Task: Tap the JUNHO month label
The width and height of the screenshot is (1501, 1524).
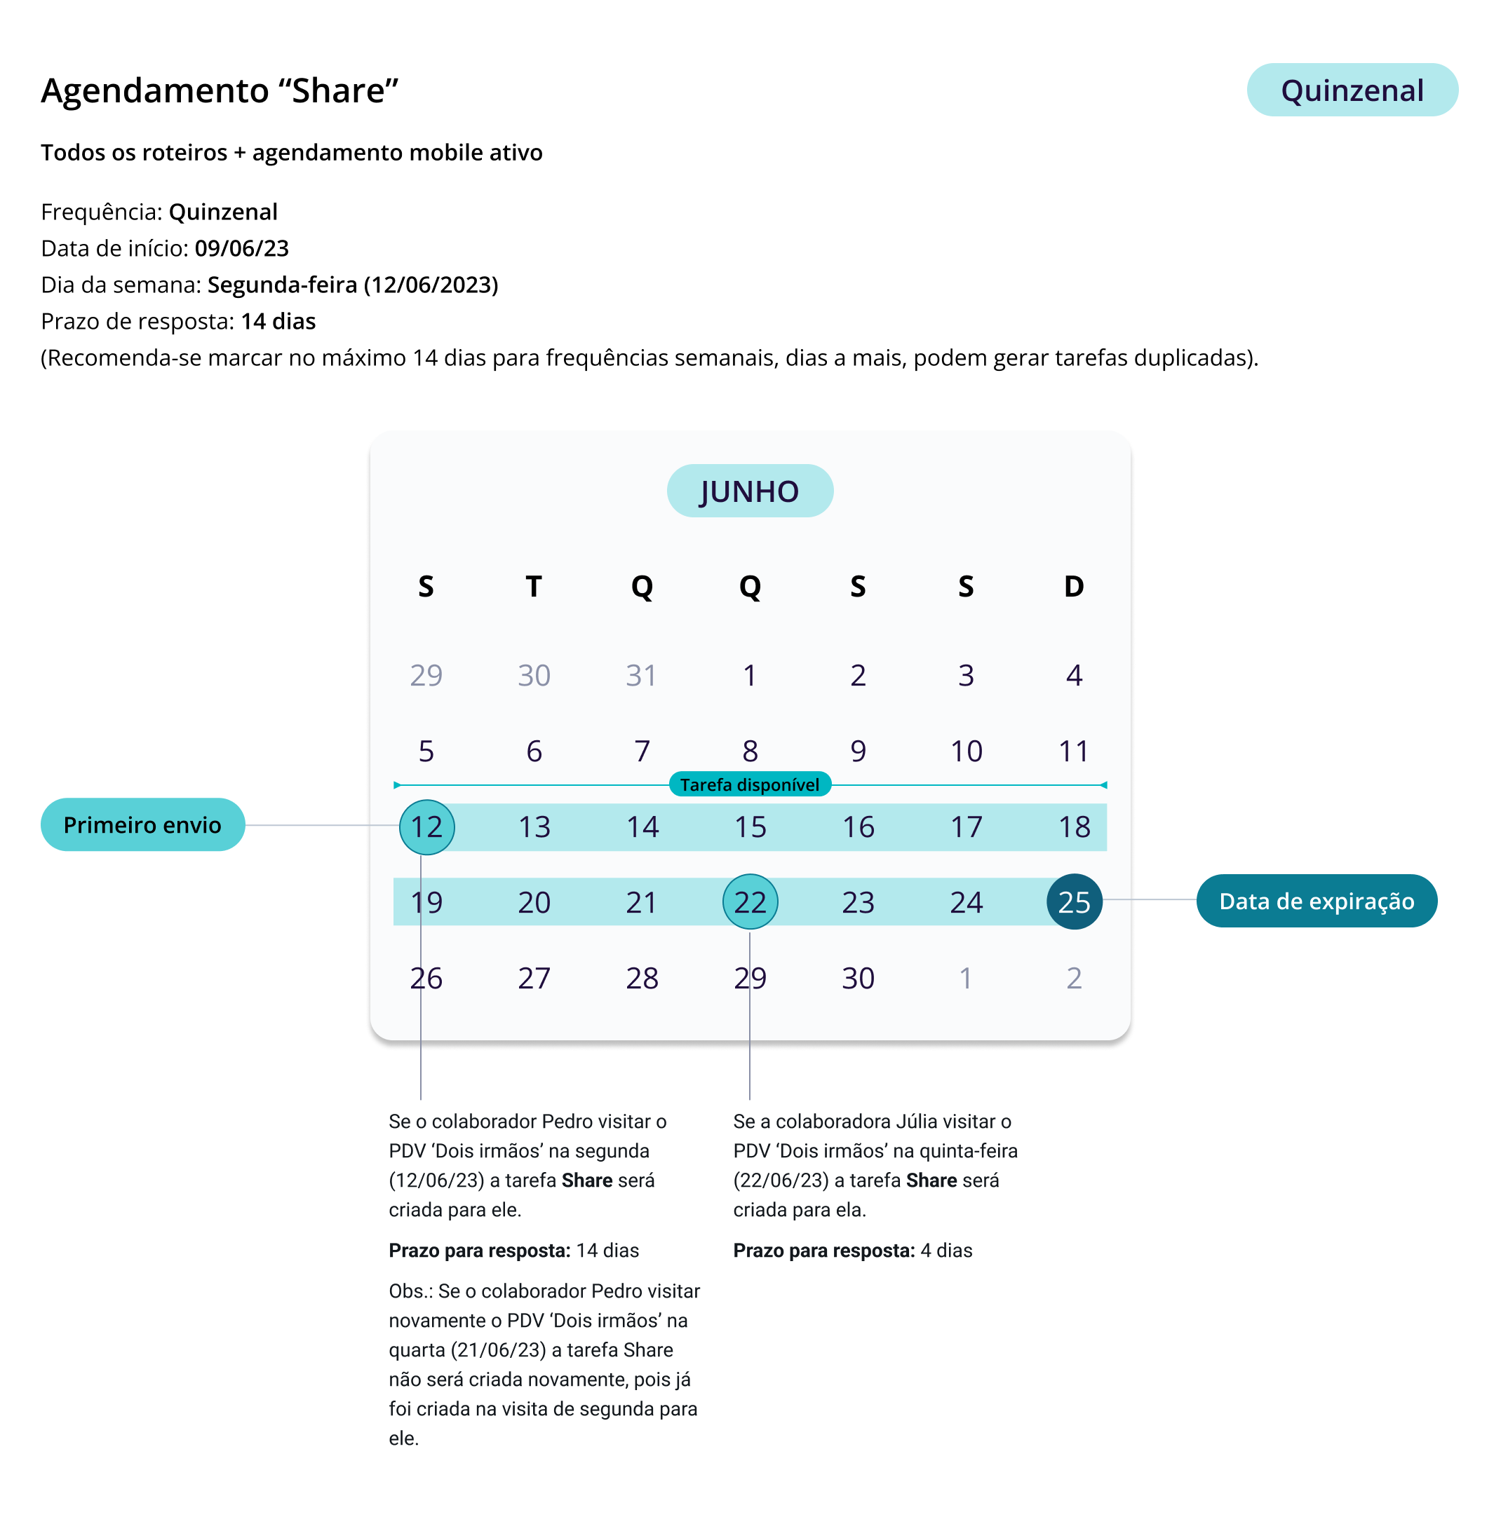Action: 750,491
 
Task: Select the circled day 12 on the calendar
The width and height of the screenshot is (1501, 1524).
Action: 426,826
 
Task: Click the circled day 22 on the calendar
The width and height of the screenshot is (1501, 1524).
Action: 750,902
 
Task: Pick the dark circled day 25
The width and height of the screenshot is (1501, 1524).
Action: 1074,902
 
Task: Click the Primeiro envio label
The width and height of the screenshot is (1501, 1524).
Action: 142,824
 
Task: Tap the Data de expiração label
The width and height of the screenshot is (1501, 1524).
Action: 1316,901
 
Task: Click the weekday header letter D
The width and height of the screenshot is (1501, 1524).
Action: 1074,586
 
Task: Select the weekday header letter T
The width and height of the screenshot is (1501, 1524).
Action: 534,586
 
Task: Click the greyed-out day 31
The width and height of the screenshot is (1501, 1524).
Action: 641,675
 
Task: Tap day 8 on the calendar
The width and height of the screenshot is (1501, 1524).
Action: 750,751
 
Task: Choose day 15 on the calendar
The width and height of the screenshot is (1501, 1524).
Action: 750,826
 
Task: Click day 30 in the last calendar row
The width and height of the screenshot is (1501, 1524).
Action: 858,978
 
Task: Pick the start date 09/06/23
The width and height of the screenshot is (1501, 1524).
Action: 241,248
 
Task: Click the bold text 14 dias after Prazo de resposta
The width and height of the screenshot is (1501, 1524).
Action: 278,322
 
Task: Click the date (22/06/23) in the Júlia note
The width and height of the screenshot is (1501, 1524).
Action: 781,1181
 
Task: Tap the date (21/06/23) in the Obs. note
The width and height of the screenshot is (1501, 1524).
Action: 498,1350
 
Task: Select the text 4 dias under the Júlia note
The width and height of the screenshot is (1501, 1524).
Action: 946,1251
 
